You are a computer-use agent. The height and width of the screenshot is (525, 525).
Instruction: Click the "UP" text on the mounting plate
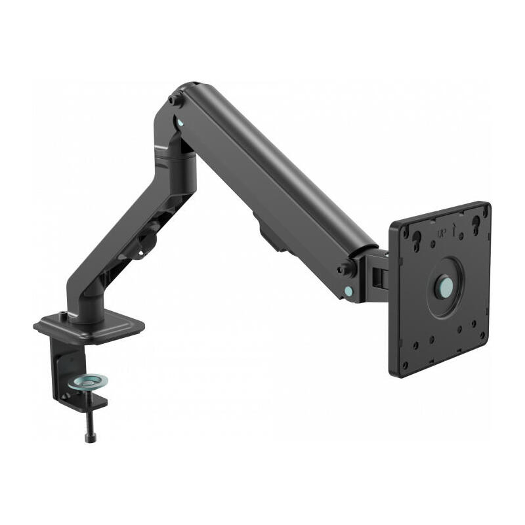coord(441,233)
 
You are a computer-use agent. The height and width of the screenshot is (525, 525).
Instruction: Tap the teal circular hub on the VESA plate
coord(445,287)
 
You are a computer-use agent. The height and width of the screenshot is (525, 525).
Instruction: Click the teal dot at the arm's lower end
coord(347,289)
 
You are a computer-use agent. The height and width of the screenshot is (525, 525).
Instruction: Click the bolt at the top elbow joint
coord(175,100)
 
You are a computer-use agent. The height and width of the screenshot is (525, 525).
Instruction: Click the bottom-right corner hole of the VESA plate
coord(483,334)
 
